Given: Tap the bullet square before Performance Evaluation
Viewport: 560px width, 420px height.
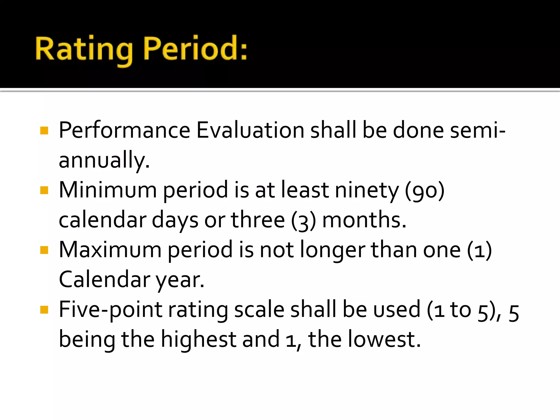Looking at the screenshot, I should (44, 130).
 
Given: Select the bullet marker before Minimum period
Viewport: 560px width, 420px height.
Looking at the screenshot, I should (44, 190).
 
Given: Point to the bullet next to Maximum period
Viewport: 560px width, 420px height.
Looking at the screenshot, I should (44, 250).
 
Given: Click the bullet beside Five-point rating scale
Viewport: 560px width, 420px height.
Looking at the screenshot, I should (44, 310).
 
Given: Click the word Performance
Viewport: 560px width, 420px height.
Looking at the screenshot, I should (124, 130).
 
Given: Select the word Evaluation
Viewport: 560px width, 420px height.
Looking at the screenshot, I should (250, 130).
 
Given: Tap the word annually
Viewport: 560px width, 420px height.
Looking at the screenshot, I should (104, 160).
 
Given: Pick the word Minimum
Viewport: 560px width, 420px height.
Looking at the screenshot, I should (108, 190).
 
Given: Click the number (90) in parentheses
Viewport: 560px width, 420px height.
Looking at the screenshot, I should (425, 191).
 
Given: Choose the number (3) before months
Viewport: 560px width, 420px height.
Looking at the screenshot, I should (304, 220).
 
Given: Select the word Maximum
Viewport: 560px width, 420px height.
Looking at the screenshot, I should (110, 250).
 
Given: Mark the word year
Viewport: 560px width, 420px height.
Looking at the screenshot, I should (180, 280).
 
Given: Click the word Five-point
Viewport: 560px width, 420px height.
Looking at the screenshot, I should (111, 310).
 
